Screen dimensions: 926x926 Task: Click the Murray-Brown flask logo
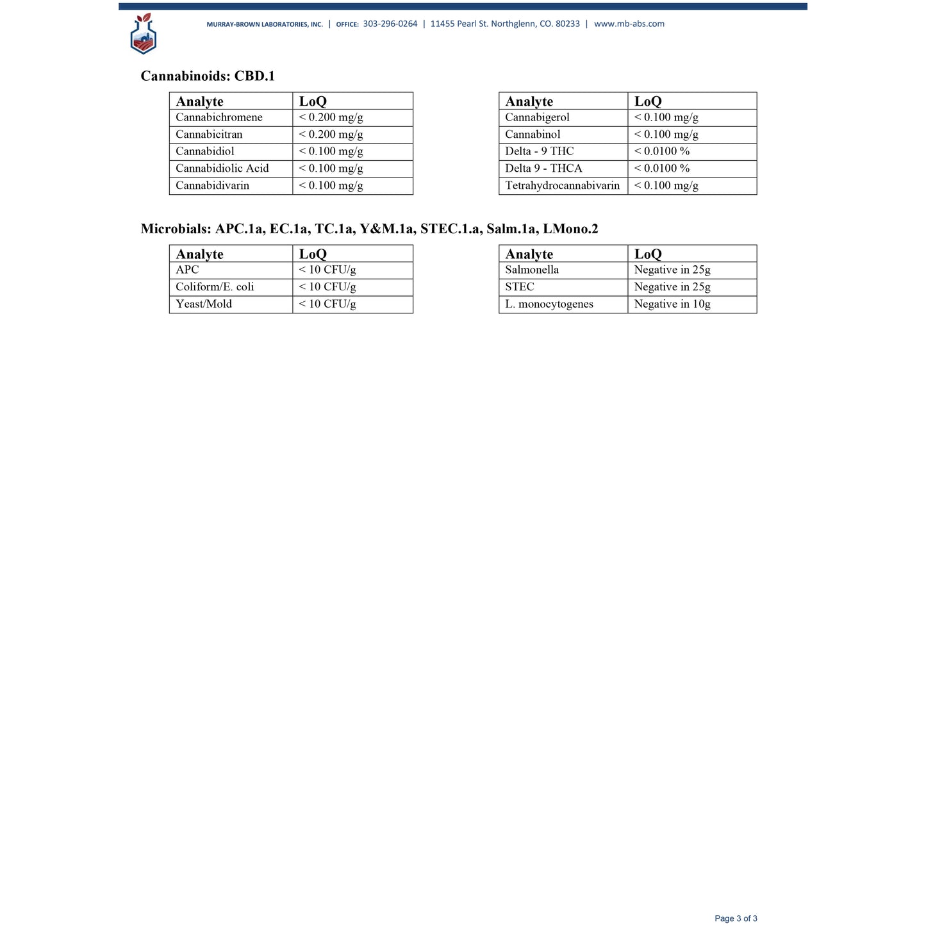coord(143,34)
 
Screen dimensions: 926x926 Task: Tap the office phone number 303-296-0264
coord(390,24)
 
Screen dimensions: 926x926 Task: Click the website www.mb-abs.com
coord(629,24)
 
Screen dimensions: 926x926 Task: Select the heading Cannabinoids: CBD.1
coord(208,76)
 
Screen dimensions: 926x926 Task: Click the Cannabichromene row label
coord(219,117)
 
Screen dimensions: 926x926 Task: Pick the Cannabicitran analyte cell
coord(209,135)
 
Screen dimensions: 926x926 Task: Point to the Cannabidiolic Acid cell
coord(222,169)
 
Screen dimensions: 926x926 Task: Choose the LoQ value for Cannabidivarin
coord(331,186)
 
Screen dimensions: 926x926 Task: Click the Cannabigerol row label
coord(537,117)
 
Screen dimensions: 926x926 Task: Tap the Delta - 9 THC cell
coord(539,151)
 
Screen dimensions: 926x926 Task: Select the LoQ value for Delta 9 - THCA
coord(662,169)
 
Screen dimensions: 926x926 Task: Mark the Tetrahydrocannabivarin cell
coord(562,186)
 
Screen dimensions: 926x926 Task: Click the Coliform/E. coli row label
coord(215,287)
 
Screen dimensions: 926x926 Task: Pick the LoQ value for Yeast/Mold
coord(327,304)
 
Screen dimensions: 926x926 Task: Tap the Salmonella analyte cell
coord(532,270)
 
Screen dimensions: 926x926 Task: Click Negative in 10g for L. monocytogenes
coord(672,304)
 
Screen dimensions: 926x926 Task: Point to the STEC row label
coord(519,287)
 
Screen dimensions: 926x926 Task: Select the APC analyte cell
coord(187,270)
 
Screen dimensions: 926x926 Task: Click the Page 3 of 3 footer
coord(736,918)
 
